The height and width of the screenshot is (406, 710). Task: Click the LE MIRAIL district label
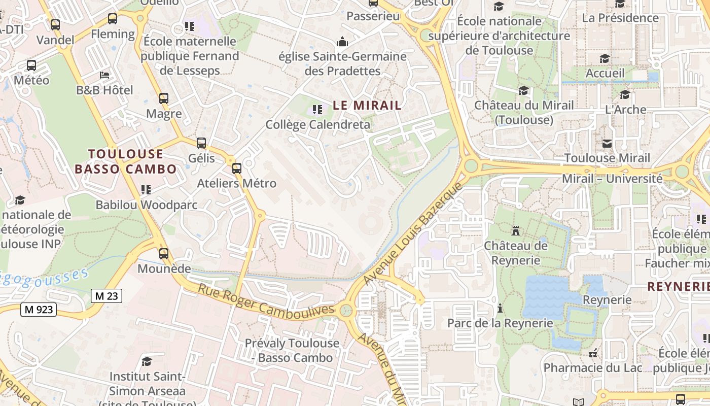pyautogui.click(x=367, y=106)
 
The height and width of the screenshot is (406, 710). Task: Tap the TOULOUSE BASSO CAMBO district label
pyautogui.click(x=126, y=161)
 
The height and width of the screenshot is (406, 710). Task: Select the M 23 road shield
pyautogui.click(x=106, y=296)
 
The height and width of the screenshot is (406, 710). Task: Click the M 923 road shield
pyautogui.click(x=38, y=309)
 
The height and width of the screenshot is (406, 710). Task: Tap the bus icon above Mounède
pyautogui.click(x=163, y=253)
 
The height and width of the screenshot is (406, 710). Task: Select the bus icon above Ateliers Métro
pyautogui.click(x=236, y=168)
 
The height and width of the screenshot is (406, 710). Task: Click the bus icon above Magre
pyautogui.click(x=163, y=98)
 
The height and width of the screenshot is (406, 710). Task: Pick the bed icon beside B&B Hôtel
pyautogui.click(x=104, y=75)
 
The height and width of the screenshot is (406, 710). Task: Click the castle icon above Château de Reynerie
pyautogui.click(x=516, y=231)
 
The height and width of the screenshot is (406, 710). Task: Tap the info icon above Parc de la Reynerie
pyautogui.click(x=500, y=308)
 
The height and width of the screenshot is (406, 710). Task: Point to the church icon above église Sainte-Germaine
pyautogui.click(x=342, y=41)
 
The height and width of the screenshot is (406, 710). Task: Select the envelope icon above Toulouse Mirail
pyautogui.click(x=607, y=143)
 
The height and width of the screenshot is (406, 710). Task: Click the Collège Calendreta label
pyautogui.click(x=317, y=124)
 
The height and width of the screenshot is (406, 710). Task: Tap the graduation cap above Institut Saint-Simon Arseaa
pyautogui.click(x=147, y=361)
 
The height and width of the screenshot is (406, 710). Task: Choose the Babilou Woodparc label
pyautogui.click(x=147, y=205)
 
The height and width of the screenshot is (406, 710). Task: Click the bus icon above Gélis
pyautogui.click(x=201, y=143)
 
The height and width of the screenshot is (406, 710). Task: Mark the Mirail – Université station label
pyautogui.click(x=612, y=179)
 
